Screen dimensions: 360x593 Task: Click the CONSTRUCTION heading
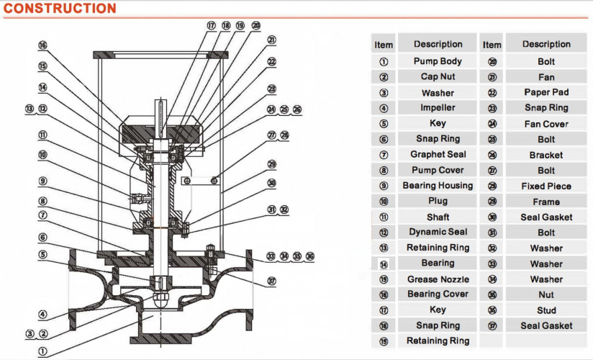(59, 9)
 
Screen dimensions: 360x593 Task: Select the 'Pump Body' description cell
(437, 62)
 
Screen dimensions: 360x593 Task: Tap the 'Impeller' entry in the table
(437, 108)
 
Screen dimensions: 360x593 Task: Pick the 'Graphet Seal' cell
(437, 155)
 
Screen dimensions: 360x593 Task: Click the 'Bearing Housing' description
(437, 186)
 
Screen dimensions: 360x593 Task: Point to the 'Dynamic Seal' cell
(437, 232)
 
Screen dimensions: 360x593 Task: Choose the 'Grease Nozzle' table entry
(437, 279)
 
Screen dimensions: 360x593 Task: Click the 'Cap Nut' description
(437, 77)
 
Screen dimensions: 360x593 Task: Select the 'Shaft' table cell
(437, 217)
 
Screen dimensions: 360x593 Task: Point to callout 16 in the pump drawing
(42, 45)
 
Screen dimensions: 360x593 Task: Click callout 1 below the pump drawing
(42, 352)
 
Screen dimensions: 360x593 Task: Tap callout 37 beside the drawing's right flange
(271, 281)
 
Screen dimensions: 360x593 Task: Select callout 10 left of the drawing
(42, 154)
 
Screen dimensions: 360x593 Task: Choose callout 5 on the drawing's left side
(42, 253)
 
